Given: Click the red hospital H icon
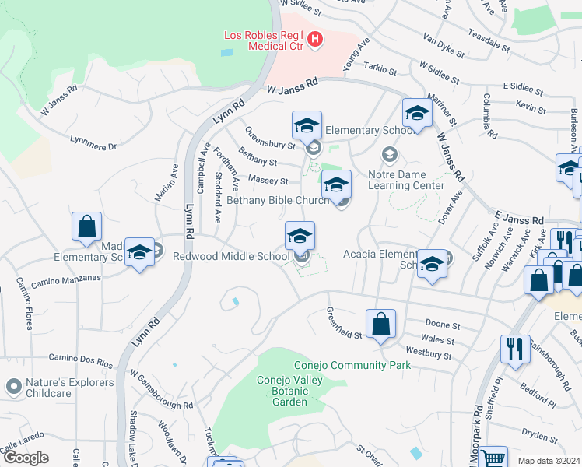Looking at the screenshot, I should (315, 39).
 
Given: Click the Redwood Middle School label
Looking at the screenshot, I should (231, 256).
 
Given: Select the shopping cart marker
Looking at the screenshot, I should (493, 458).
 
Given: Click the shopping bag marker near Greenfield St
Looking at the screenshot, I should (380, 324).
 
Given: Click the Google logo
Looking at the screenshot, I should (26, 458).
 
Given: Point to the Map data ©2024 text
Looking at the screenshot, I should (549, 461).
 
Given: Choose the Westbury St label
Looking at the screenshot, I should (429, 355).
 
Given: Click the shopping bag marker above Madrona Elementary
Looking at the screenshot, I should (86, 226).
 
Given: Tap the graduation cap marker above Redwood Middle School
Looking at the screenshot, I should (300, 235).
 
